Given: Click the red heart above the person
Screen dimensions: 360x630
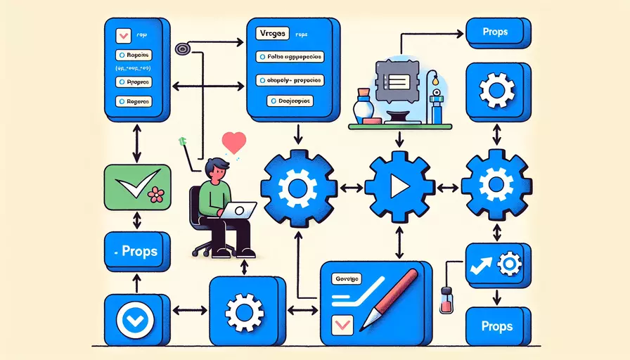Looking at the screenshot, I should tap(232, 143).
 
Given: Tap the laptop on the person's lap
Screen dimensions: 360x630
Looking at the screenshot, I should tap(238, 210).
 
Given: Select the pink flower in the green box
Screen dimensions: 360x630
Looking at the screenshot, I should tap(156, 195).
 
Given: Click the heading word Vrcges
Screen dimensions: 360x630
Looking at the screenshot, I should tap(271, 33).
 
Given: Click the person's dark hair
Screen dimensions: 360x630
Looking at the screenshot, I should tap(216, 168).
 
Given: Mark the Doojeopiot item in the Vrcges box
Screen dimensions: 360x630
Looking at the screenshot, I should tap(290, 101).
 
